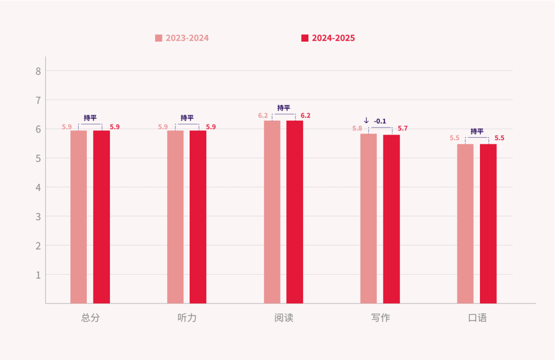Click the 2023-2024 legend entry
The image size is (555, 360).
182,38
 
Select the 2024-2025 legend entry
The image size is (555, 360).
328,38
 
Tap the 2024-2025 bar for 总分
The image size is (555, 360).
101,217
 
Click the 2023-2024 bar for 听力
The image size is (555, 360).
175,217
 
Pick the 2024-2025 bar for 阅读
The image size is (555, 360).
294,212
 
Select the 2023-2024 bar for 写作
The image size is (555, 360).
368,218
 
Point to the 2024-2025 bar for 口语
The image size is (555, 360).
488,223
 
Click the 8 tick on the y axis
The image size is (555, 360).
38,71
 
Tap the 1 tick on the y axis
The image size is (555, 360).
38,275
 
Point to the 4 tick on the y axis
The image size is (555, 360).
38,187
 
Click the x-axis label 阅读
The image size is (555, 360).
284,318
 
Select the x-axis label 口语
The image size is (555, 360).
477,318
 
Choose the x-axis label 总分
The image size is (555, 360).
90,318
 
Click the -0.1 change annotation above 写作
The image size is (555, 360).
380,121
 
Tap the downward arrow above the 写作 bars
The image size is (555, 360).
366,121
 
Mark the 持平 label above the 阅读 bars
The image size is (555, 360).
284,108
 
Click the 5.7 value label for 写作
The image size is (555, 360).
403,128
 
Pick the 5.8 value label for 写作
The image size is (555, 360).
357,128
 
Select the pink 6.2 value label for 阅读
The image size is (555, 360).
263,116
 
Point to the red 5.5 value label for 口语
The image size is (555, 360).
499,138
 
